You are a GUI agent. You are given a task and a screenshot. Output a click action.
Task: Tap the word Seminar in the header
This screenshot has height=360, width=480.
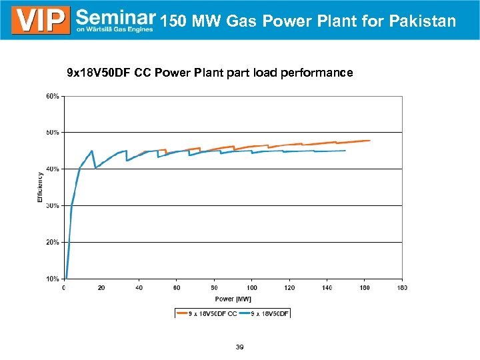pos(116,17)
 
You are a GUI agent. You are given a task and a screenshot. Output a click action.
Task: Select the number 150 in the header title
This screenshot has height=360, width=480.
pos(173,21)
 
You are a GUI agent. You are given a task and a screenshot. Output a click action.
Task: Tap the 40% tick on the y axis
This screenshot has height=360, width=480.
pos(52,169)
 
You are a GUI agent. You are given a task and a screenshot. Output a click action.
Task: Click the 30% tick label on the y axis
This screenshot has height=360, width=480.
pos(52,205)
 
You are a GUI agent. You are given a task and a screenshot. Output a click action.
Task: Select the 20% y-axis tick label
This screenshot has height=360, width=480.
pos(52,242)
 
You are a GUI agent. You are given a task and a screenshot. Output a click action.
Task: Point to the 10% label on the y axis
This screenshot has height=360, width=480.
pos(52,279)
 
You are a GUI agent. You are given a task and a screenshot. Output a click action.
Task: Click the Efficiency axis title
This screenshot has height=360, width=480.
pos(40,187)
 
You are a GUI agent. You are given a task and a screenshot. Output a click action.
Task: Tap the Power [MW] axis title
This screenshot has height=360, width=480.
pos(233,299)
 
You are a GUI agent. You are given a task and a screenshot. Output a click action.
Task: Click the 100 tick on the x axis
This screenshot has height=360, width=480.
pos(251,288)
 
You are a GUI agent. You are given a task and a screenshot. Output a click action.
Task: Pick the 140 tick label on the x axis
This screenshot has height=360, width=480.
pos(327,288)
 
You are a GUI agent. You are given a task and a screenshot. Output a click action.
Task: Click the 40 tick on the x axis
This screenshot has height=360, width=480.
pos(139,288)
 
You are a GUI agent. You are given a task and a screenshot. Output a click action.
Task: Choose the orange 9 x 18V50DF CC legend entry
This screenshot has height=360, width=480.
pos(207,313)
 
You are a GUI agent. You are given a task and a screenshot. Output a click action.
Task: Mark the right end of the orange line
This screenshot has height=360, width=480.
pos(369,141)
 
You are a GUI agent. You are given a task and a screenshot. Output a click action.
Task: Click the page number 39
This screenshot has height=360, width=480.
pos(239,347)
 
